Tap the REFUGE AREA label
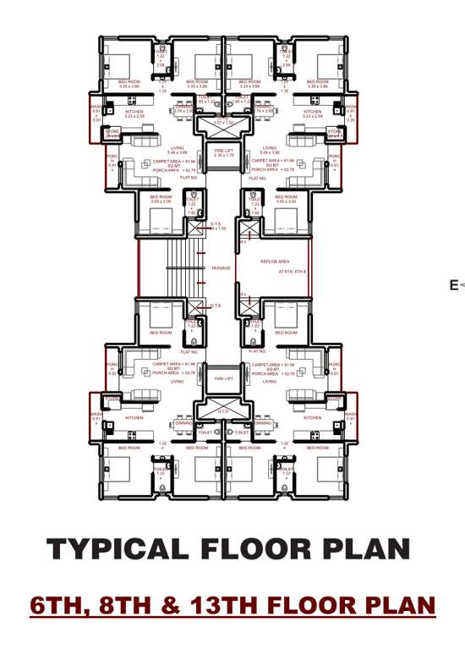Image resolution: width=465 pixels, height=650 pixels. point(276,262)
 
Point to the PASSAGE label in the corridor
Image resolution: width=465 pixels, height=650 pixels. point(220,268)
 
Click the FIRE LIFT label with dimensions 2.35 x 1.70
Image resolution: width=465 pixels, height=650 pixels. point(224,153)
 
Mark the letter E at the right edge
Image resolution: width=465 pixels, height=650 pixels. point(454,285)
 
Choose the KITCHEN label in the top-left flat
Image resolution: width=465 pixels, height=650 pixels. point(134,112)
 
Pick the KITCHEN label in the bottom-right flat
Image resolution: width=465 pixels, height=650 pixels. point(313,417)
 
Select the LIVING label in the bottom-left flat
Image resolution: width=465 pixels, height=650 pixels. point(178,382)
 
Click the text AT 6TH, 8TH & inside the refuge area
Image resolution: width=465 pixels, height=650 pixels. point(293,273)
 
